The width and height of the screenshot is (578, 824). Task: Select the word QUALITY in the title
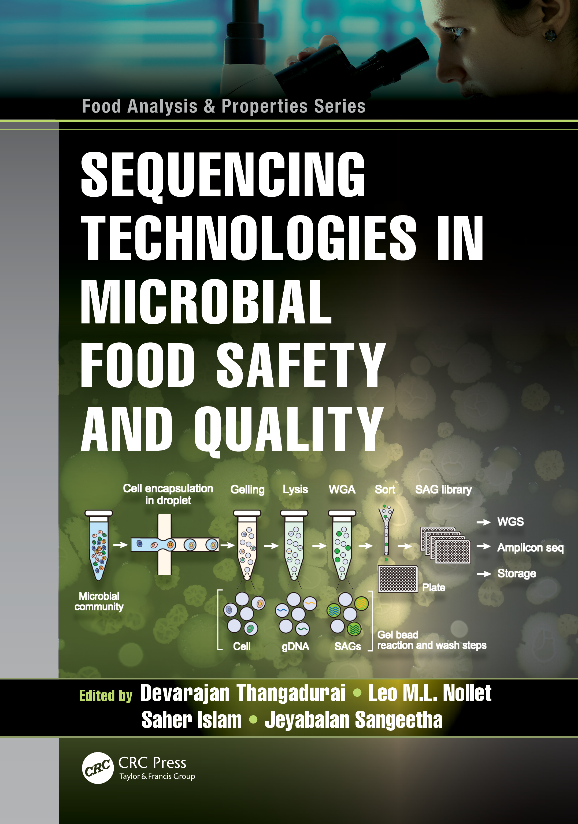[289, 430]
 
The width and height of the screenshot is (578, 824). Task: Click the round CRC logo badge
[98, 768]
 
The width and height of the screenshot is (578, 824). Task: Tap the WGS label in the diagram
[510, 521]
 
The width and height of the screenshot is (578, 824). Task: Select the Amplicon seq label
[530, 548]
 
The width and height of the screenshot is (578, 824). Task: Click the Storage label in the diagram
[517, 573]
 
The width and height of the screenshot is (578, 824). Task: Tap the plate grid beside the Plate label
[398, 579]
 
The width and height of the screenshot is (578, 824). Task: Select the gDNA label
[295, 647]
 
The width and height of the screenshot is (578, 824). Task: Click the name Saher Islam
[192, 720]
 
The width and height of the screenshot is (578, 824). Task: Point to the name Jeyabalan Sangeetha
[354, 720]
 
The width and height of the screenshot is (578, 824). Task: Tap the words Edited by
[106, 696]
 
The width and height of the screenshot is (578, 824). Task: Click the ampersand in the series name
[210, 107]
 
